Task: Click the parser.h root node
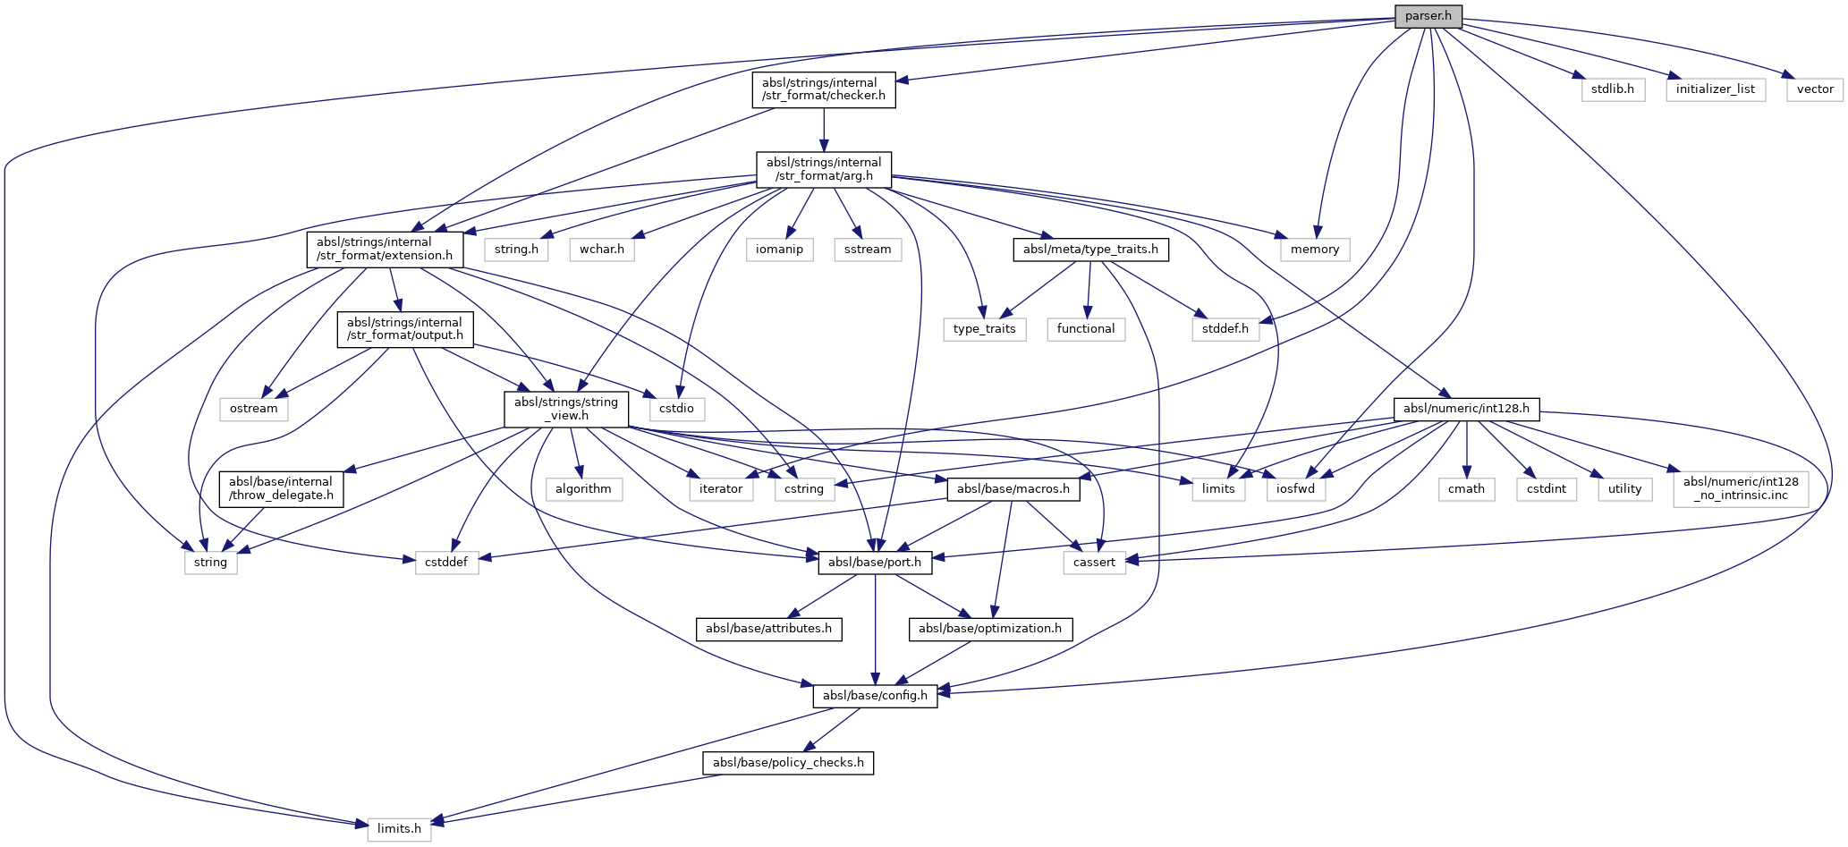click(x=1428, y=16)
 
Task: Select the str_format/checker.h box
click(x=823, y=89)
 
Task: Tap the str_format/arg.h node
click(x=823, y=169)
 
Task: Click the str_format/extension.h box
click(x=385, y=249)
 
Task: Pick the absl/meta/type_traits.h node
click(x=1090, y=250)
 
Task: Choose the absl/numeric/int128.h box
click(x=1466, y=409)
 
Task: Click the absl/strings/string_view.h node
click(x=566, y=409)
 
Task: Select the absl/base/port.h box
click(x=875, y=562)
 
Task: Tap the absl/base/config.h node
click(x=875, y=695)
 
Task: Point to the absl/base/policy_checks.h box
click(x=788, y=762)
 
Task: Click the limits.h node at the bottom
click(x=399, y=828)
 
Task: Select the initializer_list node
click(x=1715, y=89)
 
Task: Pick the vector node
click(x=1815, y=89)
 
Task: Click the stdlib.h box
click(x=1612, y=89)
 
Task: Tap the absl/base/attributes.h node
click(x=768, y=628)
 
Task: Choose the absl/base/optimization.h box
click(x=989, y=628)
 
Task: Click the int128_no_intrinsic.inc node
click(x=1740, y=488)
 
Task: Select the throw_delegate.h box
click(x=281, y=488)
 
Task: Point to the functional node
click(x=1085, y=329)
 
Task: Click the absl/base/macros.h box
click(x=1013, y=488)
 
